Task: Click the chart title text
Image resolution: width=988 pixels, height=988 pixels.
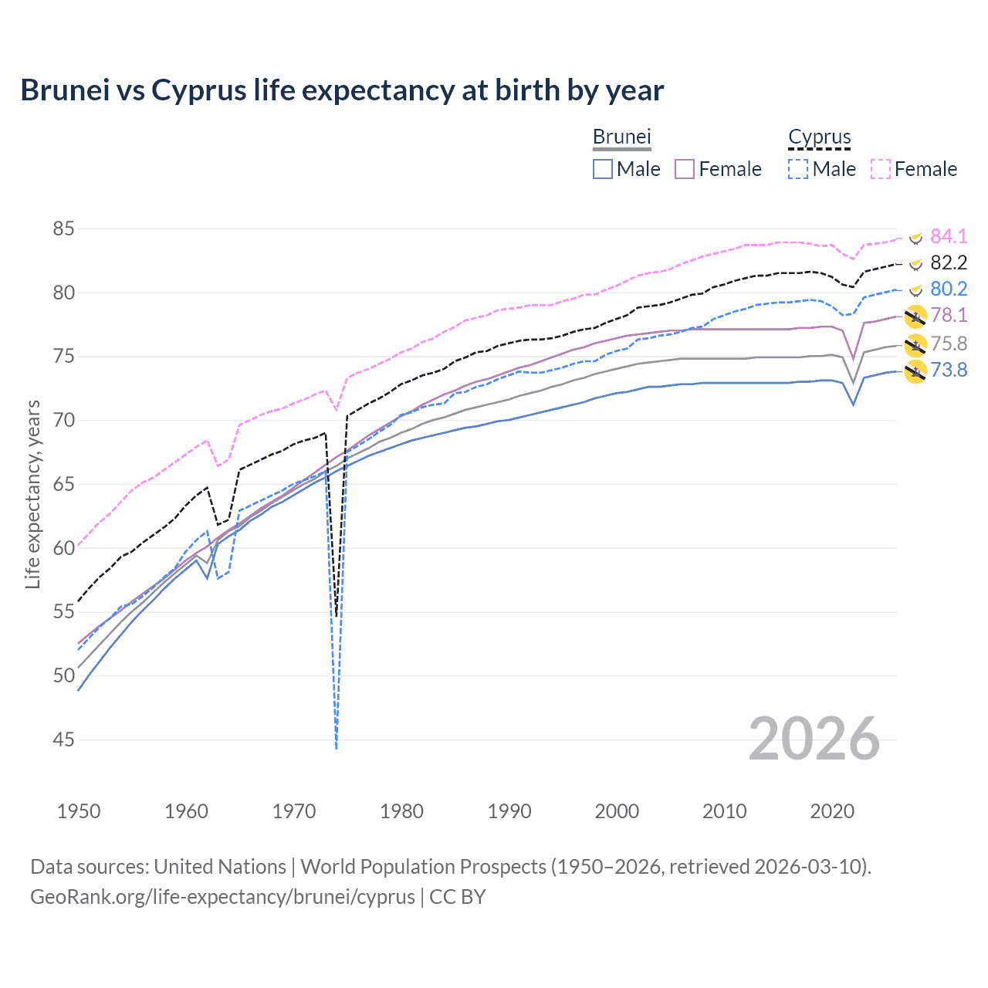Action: [342, 90]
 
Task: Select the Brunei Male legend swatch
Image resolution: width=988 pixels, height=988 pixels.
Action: [603, 169]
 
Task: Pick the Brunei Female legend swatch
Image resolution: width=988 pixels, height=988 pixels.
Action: [685, 169]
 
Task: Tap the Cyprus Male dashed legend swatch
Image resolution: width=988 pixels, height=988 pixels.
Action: [798, 169]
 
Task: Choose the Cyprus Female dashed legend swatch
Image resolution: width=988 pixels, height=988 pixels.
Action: [881, 169]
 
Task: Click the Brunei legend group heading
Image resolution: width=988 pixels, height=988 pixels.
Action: [621, 137]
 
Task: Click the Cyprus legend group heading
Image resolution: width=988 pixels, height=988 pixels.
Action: [819, 137]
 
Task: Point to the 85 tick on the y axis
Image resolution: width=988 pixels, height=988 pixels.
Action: [64, 229]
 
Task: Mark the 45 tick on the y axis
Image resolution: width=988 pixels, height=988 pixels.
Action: [64, 740]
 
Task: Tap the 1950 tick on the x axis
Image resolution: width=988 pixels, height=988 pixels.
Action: [79, 811]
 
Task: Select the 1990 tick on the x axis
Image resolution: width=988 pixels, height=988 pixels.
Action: [509, 811]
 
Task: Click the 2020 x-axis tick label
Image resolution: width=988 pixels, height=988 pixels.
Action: [832, 811]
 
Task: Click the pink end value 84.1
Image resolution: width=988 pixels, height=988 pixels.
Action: [949, 236]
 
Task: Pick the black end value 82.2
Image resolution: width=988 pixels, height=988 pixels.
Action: [949, 262]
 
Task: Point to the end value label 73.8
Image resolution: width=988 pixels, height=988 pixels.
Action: [949, 370]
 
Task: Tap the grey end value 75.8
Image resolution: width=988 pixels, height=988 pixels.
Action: [949, 343]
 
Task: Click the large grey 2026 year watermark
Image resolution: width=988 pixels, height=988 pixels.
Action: [814, 739]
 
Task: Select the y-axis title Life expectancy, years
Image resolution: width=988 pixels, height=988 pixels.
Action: [32, 494]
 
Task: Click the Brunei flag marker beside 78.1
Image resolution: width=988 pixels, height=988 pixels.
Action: [915, 316]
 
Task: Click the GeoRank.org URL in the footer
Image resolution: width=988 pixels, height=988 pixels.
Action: [222, 897]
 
